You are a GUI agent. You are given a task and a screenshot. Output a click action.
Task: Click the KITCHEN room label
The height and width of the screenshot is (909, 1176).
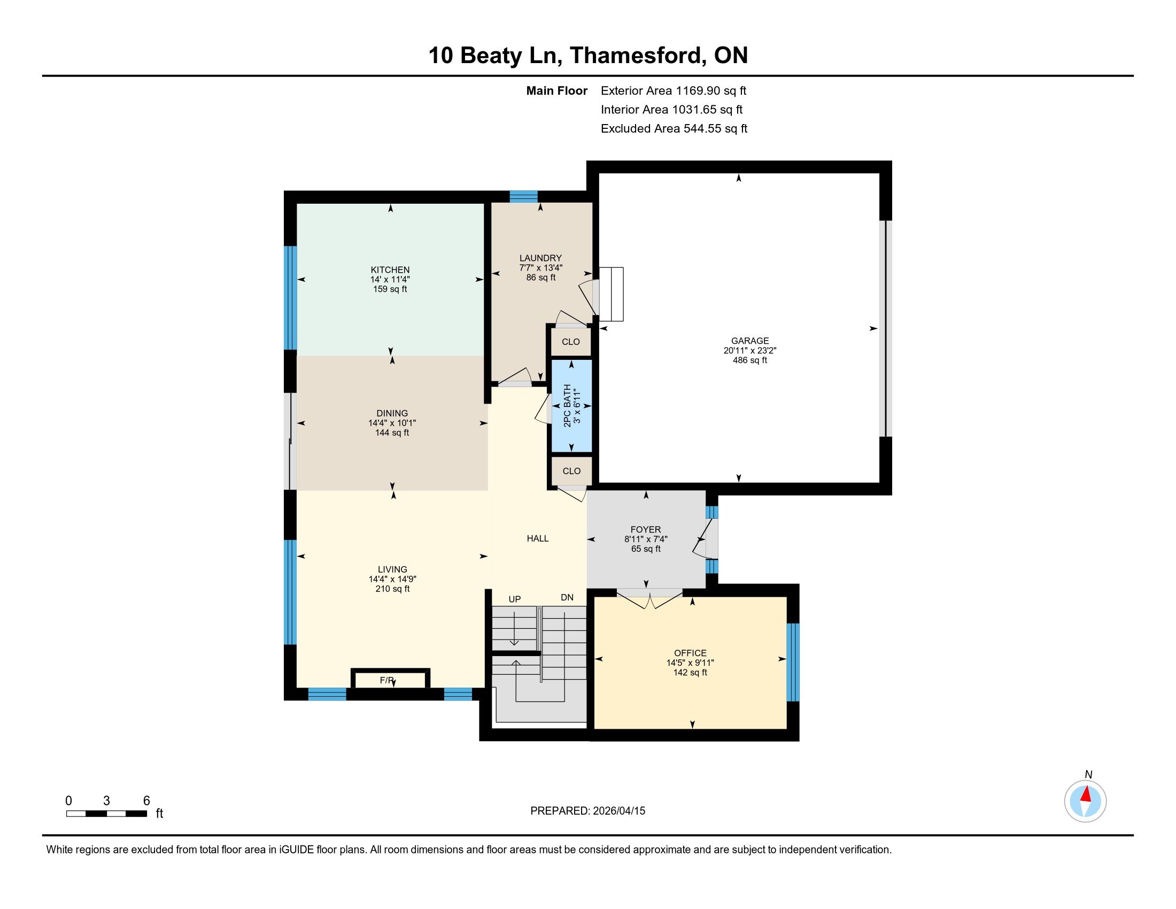pyautogui.click(x=390, y=270)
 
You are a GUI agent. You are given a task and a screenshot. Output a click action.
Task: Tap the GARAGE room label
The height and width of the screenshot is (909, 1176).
pyautogui.click(x=749, y=341)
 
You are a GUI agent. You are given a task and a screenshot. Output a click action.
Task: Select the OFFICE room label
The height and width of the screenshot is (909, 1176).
pyautogui.click(x=690, y=653)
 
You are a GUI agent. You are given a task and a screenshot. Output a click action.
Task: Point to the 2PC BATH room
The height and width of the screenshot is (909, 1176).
pyautogui.click(x=571, y=405)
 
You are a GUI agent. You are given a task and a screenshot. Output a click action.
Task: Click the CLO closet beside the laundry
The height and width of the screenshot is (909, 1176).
pyautogui.click(x=571, y=342)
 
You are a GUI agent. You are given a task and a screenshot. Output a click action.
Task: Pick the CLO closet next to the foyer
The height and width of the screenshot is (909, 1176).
pyautogui.click(x=571, y=471)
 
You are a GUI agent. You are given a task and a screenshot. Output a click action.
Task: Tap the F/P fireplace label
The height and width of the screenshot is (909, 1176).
pyautogui.click(x=386, y=680)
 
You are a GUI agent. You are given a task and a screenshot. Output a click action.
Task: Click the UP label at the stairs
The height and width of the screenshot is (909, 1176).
pyautogui.click(x=515, y=599)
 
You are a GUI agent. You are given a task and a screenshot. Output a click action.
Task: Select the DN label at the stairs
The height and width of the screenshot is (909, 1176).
pyautogui.click(x=567, y=597)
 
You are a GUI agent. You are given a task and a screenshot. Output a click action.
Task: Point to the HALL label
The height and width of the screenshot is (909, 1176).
pyautogui.click(x=537, y=538)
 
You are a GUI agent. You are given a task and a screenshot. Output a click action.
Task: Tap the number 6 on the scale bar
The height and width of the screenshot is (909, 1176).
pyautogui.click(x=146, y=801)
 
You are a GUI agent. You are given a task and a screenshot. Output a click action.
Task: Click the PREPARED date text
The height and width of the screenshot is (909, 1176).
pyautogui.click(x=587, y=811)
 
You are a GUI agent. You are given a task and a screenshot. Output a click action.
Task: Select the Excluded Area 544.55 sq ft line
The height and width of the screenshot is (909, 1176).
pyautogui.click(x=674, y=129)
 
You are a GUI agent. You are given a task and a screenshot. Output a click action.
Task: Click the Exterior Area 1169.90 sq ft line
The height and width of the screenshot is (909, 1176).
pyautogui.click(x=674, y=91)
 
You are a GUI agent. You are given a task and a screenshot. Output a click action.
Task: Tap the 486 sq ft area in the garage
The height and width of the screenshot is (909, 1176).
pyautogui.click(x=749, y=360)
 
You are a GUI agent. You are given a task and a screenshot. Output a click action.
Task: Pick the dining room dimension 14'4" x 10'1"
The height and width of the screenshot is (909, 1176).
pyautogui.click(x=392, y=423)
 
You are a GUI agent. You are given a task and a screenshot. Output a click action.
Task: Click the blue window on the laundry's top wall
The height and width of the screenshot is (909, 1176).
pyautogui.click(x=523, y=197)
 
